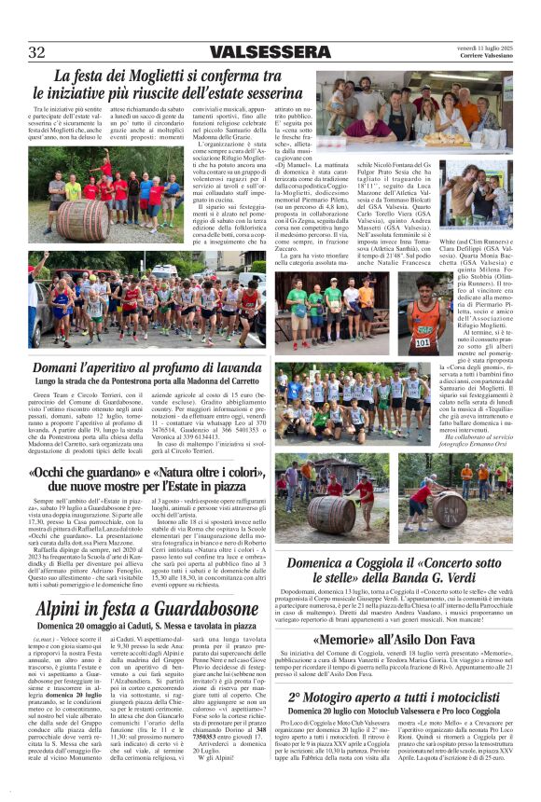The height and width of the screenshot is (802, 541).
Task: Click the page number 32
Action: (37, 51)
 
